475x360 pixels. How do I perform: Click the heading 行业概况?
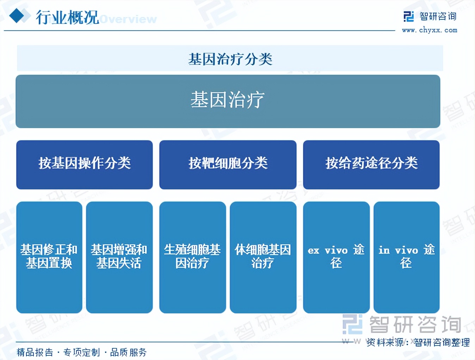67,17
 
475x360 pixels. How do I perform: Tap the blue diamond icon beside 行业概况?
17,15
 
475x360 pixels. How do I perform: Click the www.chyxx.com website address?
430,30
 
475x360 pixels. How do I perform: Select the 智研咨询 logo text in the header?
438,17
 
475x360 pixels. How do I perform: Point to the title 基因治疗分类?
230,59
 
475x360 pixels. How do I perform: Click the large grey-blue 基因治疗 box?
228,101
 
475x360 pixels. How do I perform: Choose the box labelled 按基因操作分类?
85,165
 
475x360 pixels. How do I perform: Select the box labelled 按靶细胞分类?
228,165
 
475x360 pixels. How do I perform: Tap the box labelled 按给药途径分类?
371,165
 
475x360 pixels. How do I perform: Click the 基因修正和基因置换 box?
49,257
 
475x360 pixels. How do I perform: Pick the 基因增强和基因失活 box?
119,257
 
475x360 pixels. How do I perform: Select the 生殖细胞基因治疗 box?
193,257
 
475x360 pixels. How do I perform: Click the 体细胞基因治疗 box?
263,257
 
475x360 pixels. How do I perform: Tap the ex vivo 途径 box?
336,257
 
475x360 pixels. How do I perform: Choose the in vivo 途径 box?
407,257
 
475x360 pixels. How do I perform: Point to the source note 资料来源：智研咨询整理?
418,342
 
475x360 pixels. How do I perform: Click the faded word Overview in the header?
129,19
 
